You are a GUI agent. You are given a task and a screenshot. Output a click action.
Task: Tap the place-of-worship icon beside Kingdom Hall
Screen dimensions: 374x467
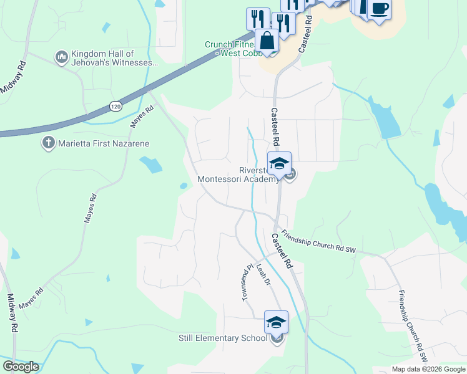61,58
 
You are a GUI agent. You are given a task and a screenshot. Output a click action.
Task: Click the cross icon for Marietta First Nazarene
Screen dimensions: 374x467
48,143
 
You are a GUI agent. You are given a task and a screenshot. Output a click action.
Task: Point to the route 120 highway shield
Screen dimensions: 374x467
114,107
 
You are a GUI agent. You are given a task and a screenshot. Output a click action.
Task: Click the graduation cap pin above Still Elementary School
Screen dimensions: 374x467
276,322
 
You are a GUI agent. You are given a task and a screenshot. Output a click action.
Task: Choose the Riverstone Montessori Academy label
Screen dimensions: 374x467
238,175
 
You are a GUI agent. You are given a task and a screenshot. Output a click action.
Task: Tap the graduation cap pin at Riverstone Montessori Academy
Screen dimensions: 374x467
279,164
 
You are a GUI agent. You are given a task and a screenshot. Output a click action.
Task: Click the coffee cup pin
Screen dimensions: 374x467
379,9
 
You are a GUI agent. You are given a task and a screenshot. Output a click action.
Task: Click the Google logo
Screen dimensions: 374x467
21,367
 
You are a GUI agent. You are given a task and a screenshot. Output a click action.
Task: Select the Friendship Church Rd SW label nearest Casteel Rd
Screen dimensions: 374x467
318,242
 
